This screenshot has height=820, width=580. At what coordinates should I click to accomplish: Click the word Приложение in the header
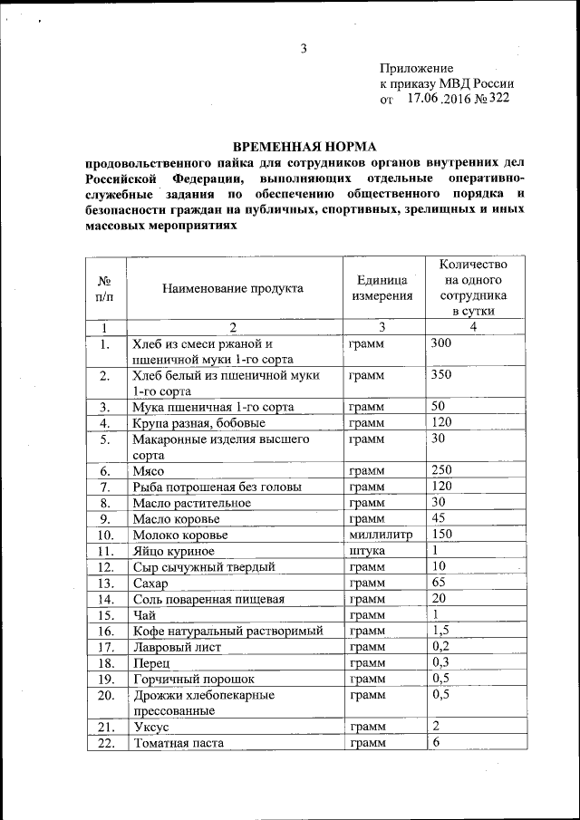tap(416, 68)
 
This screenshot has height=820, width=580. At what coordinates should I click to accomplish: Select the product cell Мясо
tap(148, 471)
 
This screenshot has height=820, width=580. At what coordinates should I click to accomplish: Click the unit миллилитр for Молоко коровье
tap(381, 535)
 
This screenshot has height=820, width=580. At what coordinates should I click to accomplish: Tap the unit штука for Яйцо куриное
tap(367, 551)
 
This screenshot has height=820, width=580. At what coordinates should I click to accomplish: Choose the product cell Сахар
tap(151, 583)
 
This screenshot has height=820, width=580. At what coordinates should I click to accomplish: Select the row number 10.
tap(105, 535)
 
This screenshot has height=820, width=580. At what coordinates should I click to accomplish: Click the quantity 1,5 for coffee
tap(441, 631)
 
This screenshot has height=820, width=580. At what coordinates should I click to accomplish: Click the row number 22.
tap(105, 743)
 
